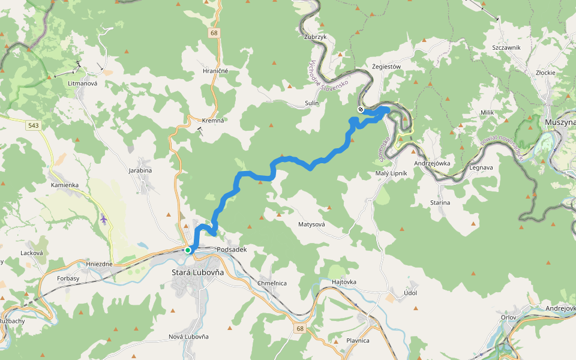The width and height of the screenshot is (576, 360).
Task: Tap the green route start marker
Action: click(x=188, y=250)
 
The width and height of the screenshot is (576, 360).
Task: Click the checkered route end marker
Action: click(x=361, y=109)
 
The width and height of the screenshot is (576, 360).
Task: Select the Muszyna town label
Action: click(x=560, y=122)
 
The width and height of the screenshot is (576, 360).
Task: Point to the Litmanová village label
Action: click(x=83, y=83)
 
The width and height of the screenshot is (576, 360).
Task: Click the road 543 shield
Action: click(x=33, y=125)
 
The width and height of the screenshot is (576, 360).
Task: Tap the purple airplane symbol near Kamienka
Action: click(x=104, y=220)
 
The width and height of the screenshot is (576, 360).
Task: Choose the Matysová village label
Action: click(x=311, y=224)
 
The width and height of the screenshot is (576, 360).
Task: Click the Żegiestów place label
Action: click(x=386, y=67)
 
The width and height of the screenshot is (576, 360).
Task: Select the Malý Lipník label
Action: click(x=391, y=173)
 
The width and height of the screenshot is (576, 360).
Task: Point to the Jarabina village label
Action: click(x=140, y=170)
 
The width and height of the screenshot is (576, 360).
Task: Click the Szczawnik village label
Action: click(x=506, y=47)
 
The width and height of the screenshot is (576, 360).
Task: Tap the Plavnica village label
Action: click(x=358, y=340)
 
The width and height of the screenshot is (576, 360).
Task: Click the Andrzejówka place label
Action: click(x=432, y=163)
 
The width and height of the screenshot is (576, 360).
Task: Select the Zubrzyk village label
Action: click(x=315, y=37)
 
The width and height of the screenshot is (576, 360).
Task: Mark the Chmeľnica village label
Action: click(x=272, y=283)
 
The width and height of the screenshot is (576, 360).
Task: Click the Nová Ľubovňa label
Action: click(x=188, y=337)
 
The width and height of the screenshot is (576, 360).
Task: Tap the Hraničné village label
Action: click(x=215, y=71)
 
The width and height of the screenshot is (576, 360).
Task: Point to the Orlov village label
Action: click(x=508, y=318)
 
